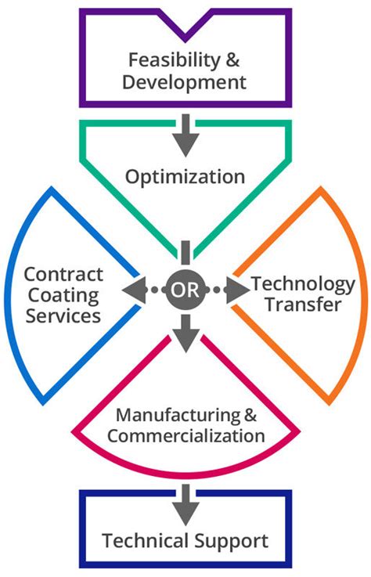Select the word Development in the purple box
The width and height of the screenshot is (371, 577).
point(185,81)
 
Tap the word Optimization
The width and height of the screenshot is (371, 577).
point(185,177)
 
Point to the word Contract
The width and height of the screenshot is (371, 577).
point(63,275)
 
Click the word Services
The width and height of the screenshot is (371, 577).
point(63,316)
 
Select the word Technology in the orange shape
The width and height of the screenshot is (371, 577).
point(302,284)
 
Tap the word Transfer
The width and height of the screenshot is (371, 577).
point(302,305)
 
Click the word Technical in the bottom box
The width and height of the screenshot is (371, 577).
point(144,540)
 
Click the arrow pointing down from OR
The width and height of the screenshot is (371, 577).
point(185,335)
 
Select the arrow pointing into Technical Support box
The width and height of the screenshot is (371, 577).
point(185,504)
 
